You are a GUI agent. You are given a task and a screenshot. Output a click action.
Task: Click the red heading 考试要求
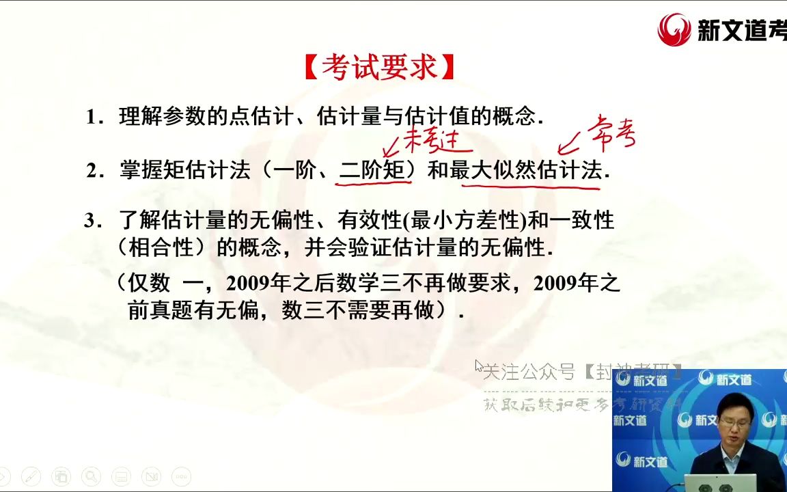tap(379, 68)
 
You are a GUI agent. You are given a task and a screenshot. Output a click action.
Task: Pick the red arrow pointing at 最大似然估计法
tap(569, 145)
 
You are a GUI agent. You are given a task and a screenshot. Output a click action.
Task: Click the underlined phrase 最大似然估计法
tap(526, 170)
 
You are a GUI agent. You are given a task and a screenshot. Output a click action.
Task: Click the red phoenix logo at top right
tap(674, 29)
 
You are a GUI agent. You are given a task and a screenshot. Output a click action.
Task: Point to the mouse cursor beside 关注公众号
tap(478, 366)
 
